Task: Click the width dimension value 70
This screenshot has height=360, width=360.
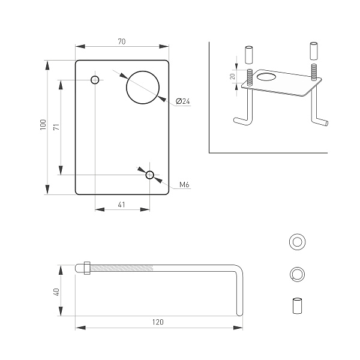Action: coord(121,42)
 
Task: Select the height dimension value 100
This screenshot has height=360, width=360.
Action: coord(43,125)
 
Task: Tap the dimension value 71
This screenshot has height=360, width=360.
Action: coord(56,127)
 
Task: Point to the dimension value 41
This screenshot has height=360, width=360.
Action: coord(122,205)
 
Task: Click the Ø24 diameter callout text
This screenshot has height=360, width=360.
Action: coord(183,102)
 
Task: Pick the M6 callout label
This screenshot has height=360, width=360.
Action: coord(184,185)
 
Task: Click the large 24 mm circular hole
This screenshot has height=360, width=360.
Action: coord(143,86)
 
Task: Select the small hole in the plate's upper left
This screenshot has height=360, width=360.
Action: coord(95,80)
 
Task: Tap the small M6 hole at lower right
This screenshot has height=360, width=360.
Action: coord(149,175)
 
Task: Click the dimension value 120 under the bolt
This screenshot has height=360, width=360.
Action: coord(158,322)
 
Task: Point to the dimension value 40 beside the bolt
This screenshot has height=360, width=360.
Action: coord(56,292)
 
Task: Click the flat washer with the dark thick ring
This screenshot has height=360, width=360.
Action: coord(296,242)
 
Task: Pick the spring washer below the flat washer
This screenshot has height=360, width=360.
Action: coord(296,274)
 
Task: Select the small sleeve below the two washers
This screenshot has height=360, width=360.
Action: coord(296,305)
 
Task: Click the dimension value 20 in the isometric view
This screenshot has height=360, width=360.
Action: coord(232,77)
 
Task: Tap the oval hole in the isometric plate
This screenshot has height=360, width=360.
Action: coord(266,77)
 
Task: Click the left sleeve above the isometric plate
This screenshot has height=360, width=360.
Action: coord(248,55)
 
